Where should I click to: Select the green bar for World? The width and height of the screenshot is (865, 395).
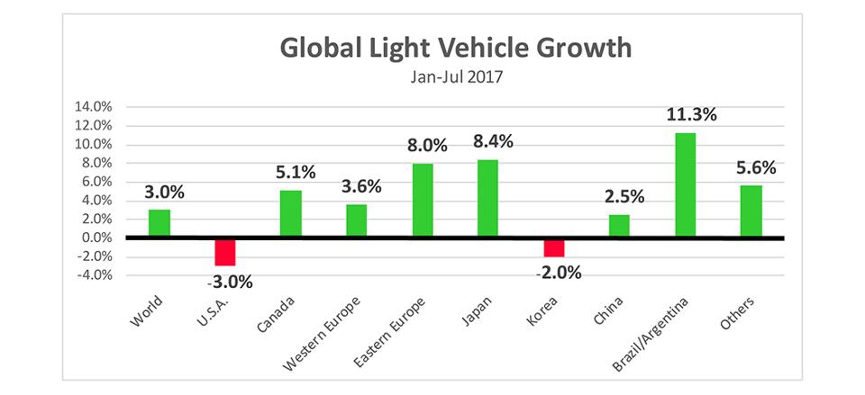pyautogui.click(x=159, y=223)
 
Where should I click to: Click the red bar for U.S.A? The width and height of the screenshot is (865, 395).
pyautogui.click(x=224, y=251)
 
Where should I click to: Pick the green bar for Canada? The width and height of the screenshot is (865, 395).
pyautogui.click(x=290, y=213)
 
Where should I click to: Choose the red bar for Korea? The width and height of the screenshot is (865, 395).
pyautogui.click(x=553, y=247)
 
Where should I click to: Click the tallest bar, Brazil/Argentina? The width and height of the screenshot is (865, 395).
pyautogui.click(x=684, y=184)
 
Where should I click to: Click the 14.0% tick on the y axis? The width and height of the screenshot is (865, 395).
pyautogui.click(x=93, y=107)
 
